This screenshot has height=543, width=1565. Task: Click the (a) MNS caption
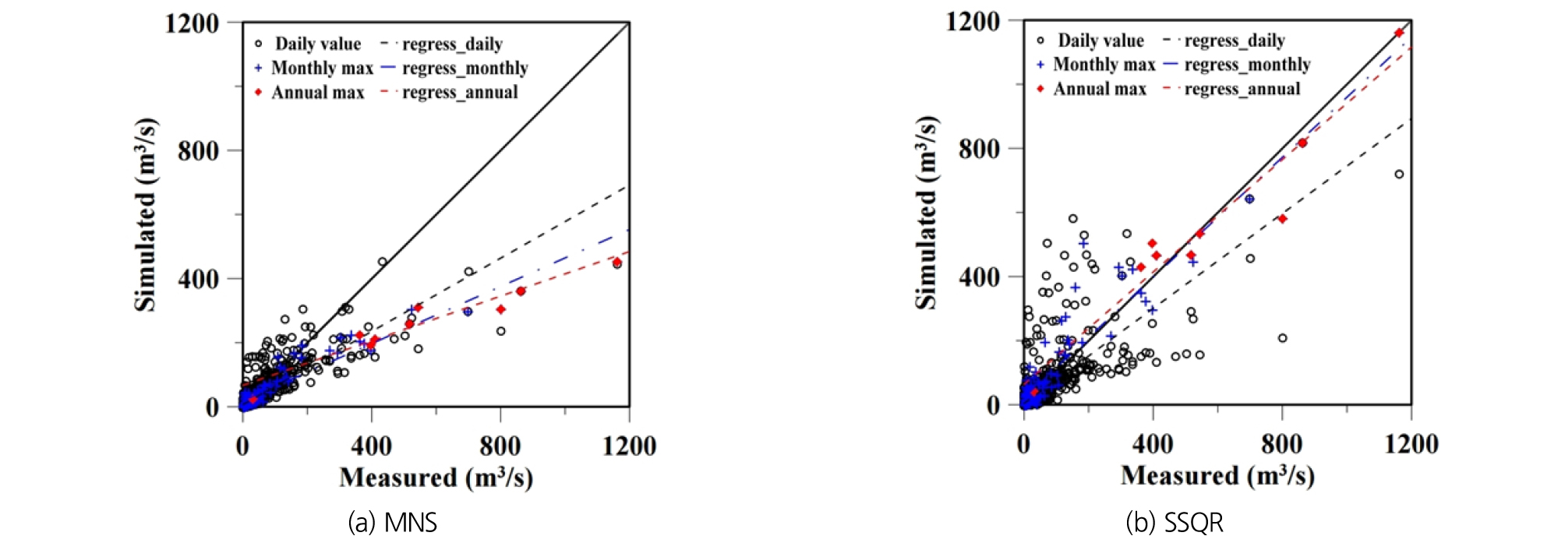coord(392,522)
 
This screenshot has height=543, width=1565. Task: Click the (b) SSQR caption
coord(1175,522)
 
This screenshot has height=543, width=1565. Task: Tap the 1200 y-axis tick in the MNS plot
coord(192,23)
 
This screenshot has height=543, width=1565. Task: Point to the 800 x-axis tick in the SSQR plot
coord(1281,444)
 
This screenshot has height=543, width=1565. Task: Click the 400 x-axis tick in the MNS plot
coord(371,446)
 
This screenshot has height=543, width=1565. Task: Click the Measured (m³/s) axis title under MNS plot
coord(436,478)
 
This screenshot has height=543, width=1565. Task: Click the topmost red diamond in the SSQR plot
coord(1399,33)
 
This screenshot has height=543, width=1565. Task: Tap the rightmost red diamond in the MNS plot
coord(617,263)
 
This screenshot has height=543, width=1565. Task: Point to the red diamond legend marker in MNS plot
coord(258,93)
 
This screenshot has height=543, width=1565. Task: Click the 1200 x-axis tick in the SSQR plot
coord(1411,444)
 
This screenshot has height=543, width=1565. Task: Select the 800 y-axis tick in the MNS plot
coord(198,151)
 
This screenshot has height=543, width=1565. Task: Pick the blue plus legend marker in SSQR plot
coord(1040,65)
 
